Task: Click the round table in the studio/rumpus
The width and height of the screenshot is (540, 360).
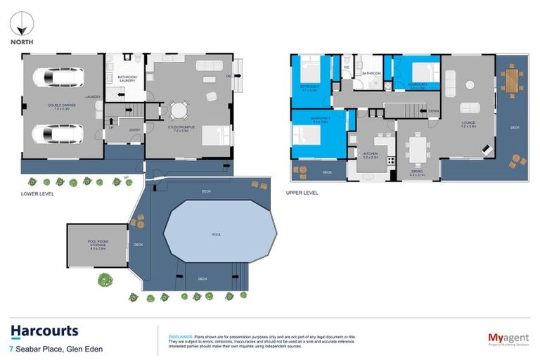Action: (x=179, y=110)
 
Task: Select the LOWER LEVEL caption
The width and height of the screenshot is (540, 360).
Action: (x=37, y=193)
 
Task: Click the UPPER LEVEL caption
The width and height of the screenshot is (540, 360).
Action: (x=302, y=193)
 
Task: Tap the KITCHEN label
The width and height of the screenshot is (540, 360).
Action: (x=371, y=153)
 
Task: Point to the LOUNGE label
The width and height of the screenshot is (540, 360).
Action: (x=469, y=123)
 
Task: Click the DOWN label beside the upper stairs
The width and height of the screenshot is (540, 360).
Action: (x=433, y=111)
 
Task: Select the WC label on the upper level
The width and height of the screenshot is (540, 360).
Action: (x=346, y=67)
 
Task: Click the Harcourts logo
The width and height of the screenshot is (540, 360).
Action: (x=44, y=330)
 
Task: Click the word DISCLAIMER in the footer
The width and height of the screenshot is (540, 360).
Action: (x=174, y=329)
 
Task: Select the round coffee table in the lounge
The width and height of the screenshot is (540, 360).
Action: (x=468, y=85)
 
